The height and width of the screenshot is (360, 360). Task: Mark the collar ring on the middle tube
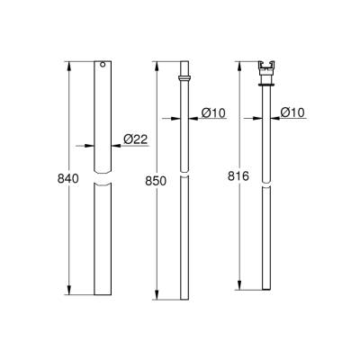coord(184,79)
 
